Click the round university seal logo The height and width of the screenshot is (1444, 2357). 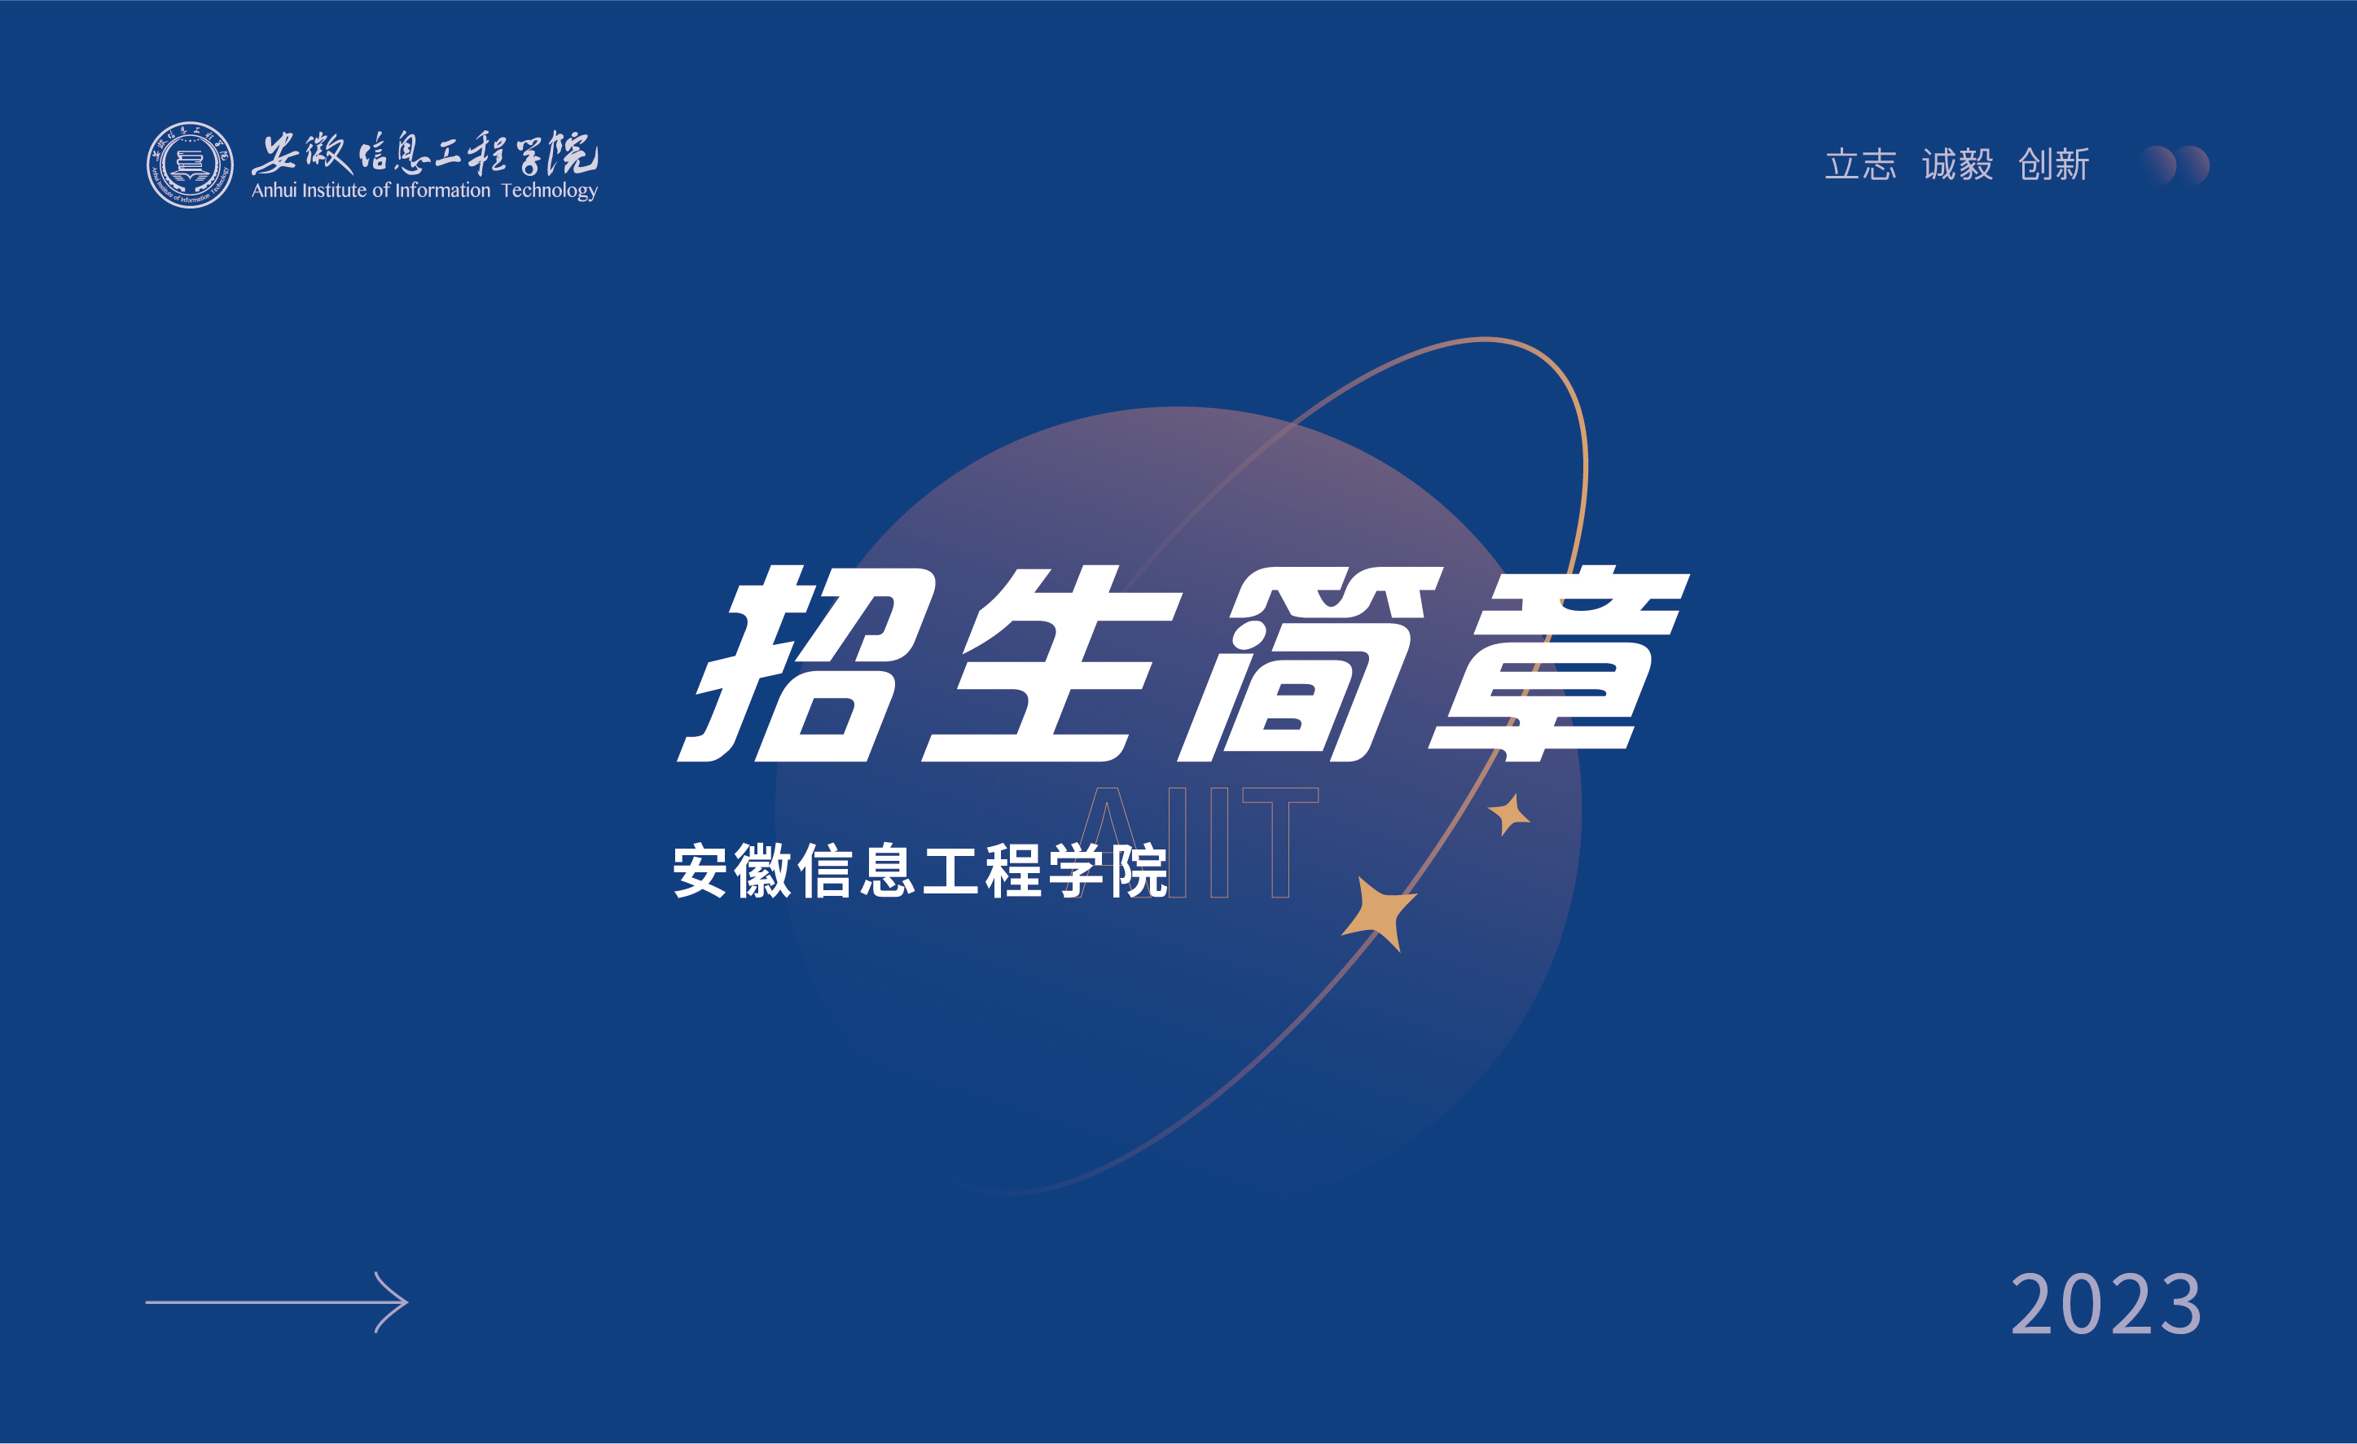(190, 165)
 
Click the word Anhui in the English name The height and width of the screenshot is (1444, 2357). (274, 191)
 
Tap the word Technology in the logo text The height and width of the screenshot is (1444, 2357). (550, 191)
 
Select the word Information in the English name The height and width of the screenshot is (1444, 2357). (443, 191)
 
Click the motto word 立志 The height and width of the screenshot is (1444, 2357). (1860, 165)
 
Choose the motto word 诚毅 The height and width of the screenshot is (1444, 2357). (1957, 165)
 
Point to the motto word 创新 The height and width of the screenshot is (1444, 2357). (2054, 165)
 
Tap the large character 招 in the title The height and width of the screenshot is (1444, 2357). (808, 664)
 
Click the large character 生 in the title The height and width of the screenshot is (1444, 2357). (1052, 664)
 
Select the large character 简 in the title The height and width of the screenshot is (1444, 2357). (1310, 664)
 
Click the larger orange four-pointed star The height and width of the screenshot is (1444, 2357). (1380, 913)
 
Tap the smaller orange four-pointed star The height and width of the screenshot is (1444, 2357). (1508, 814)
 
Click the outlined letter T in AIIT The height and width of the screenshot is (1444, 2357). (1281, 842)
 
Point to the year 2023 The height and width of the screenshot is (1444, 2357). (2106, 1303)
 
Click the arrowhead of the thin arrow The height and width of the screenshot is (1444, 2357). (393, 1302)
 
